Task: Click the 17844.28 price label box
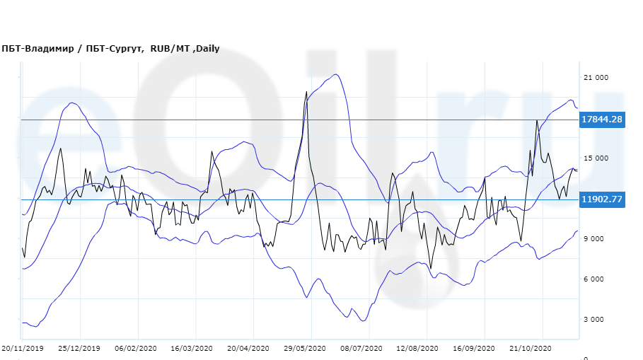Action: click(x=601, y=120)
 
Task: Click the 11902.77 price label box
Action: click(x=601, y=199)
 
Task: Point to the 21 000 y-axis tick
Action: click(x=595, y=78)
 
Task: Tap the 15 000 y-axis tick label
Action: click(x=595, y=158)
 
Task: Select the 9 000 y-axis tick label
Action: click(x=595, y=239)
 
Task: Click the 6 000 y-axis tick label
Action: click(x=595, y=279)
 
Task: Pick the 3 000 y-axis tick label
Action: click(x=595, y=320)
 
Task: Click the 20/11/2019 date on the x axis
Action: click(x=22, y=349)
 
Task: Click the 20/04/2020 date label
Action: click(x=248, y=349)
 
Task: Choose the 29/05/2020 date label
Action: click(x=304, y=349)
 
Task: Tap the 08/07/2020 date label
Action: click(x=361, y=349)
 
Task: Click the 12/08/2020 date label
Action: click(x=417, y=349)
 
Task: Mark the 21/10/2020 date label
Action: click(x=531, y=349)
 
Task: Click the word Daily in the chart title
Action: click(x=207, y=49)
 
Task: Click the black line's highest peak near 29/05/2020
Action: click(x=306, y=91)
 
